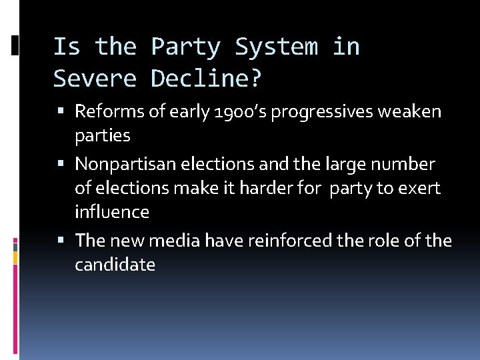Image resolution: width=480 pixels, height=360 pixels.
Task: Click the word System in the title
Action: tap(277, 47)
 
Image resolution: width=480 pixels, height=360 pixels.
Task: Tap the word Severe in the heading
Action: tap(95, 79)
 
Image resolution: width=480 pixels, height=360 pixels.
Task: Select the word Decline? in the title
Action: tap(207, 79)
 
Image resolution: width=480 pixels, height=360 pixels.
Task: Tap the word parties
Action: tap(102, 136)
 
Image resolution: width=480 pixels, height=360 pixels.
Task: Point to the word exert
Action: tap(419, 189)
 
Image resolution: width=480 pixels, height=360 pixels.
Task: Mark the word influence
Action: tap(112, 213)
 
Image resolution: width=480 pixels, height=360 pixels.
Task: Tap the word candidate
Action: tap(115, 265)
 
